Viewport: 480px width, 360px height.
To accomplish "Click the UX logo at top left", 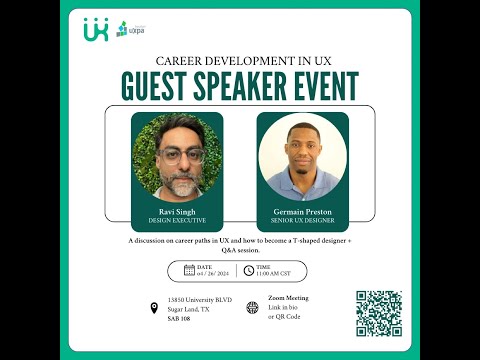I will click(x=95, y=30).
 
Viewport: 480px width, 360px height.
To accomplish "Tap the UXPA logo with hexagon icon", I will click(x=127, y=29).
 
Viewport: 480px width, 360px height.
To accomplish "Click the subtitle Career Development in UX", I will click(x=240, y=60).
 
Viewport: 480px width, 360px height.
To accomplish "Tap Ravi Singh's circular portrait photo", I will click(x=176, y=155).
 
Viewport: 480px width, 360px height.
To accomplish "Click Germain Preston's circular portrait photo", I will click(x=302, y=157).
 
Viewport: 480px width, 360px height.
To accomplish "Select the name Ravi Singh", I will click(x=176, y=212).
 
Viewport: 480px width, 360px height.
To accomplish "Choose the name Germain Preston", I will click(x=302, y=212).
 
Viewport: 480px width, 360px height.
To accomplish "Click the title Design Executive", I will click(x=176, y=221).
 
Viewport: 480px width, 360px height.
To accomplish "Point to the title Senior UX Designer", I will click(x=302, y=221).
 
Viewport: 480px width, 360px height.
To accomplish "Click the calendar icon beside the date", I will click(x=189, y=270).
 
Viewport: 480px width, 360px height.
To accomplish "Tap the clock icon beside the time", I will click(x=248, y=270).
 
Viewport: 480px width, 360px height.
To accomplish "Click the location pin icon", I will click(x=154, y=308).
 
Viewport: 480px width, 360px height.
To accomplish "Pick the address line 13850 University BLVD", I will click(x=201, y=300).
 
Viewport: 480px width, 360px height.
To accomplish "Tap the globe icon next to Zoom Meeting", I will click(x=252, y=307).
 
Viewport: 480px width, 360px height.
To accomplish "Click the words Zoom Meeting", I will click(x=288, y=299).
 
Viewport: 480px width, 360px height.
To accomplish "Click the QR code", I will click(x=379, y=313).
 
